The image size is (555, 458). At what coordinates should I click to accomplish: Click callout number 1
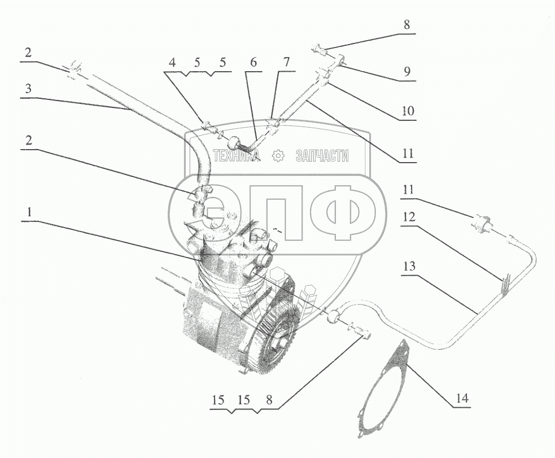[27, 213]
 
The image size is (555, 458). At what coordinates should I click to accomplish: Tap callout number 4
[173, 62]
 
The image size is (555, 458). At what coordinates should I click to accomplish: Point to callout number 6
[252, 62]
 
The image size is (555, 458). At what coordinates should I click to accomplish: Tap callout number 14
[462, 399]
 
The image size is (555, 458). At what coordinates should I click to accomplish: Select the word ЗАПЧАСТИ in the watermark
[322, 156]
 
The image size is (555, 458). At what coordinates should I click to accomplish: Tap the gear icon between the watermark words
[278, 156]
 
